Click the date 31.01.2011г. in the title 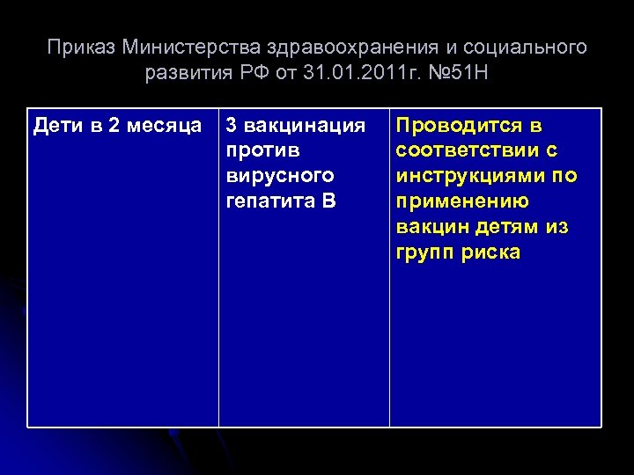(351, 72)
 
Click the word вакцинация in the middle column (304, 126)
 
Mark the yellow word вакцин (429, 227)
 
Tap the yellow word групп (424, 252)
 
